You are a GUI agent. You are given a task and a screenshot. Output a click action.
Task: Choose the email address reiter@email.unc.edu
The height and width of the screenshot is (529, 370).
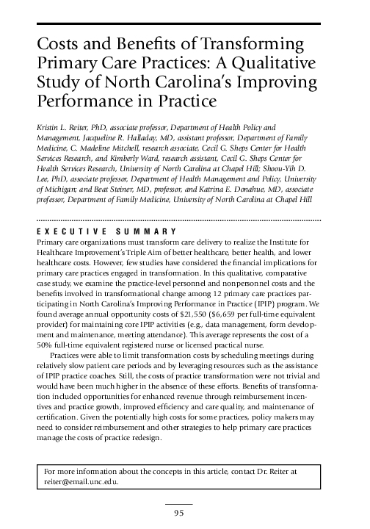click(80, 483)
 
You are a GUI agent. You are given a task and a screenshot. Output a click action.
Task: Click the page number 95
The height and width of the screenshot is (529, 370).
click(178, 513)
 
